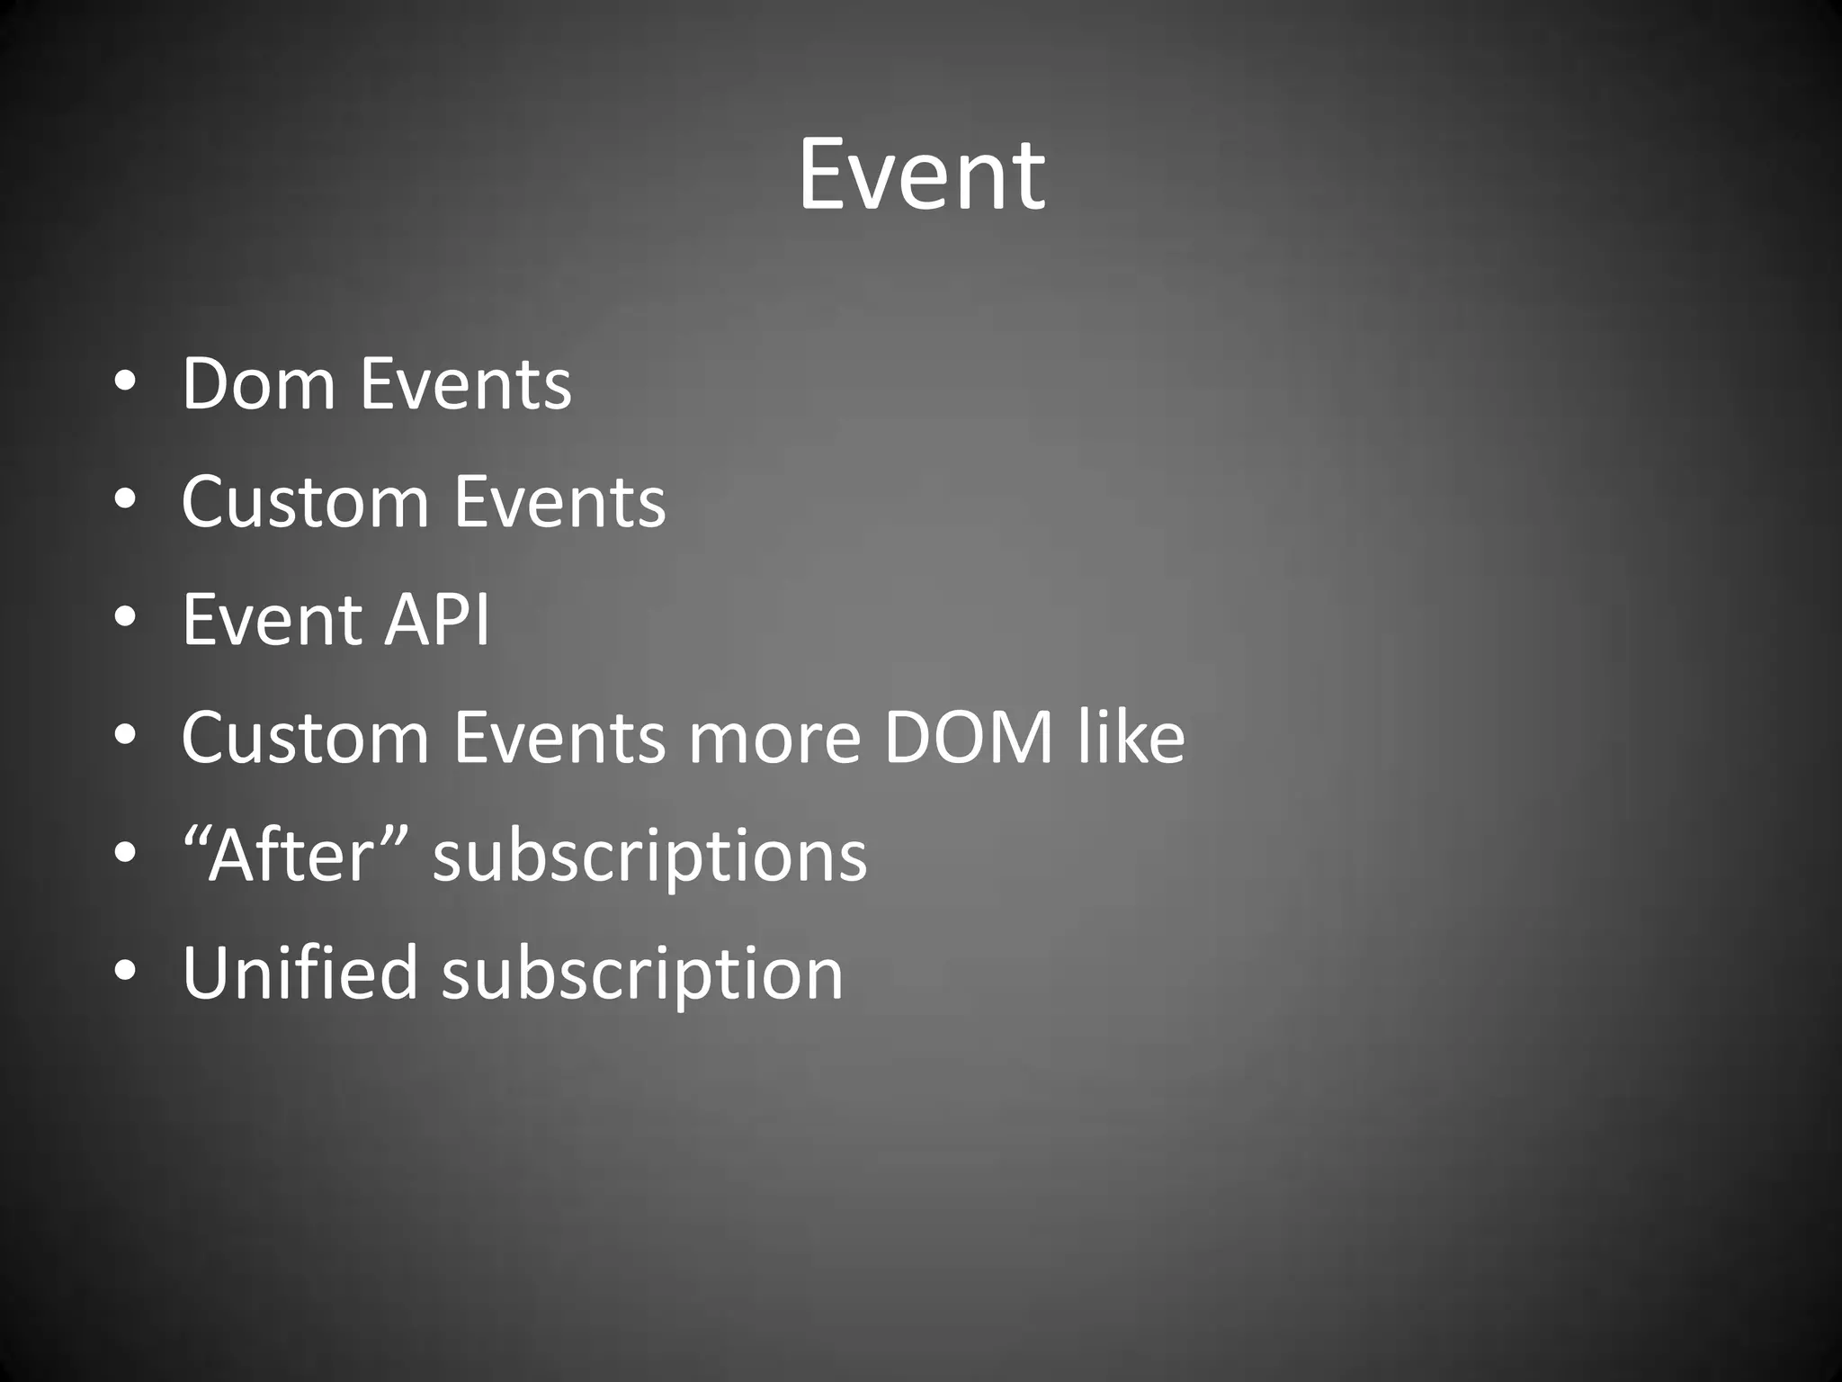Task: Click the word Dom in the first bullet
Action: (x=259, y=384)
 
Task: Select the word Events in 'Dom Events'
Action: (x=466, y=384)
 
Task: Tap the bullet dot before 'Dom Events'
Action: (x=125, y=382)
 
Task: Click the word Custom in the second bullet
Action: (x=306, y=502)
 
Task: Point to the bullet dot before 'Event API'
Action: (x=125, y=618)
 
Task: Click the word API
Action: (x=437, y=620)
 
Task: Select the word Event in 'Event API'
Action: (x=272, y=620)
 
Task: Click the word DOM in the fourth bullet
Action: (x=968, y=738)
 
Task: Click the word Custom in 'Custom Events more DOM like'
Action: (x=306, y=738)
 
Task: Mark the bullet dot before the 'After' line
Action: (x=125, y=854)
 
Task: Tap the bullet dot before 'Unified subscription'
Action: (x=125, y=972)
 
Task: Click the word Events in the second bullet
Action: (x=559, y=502)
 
